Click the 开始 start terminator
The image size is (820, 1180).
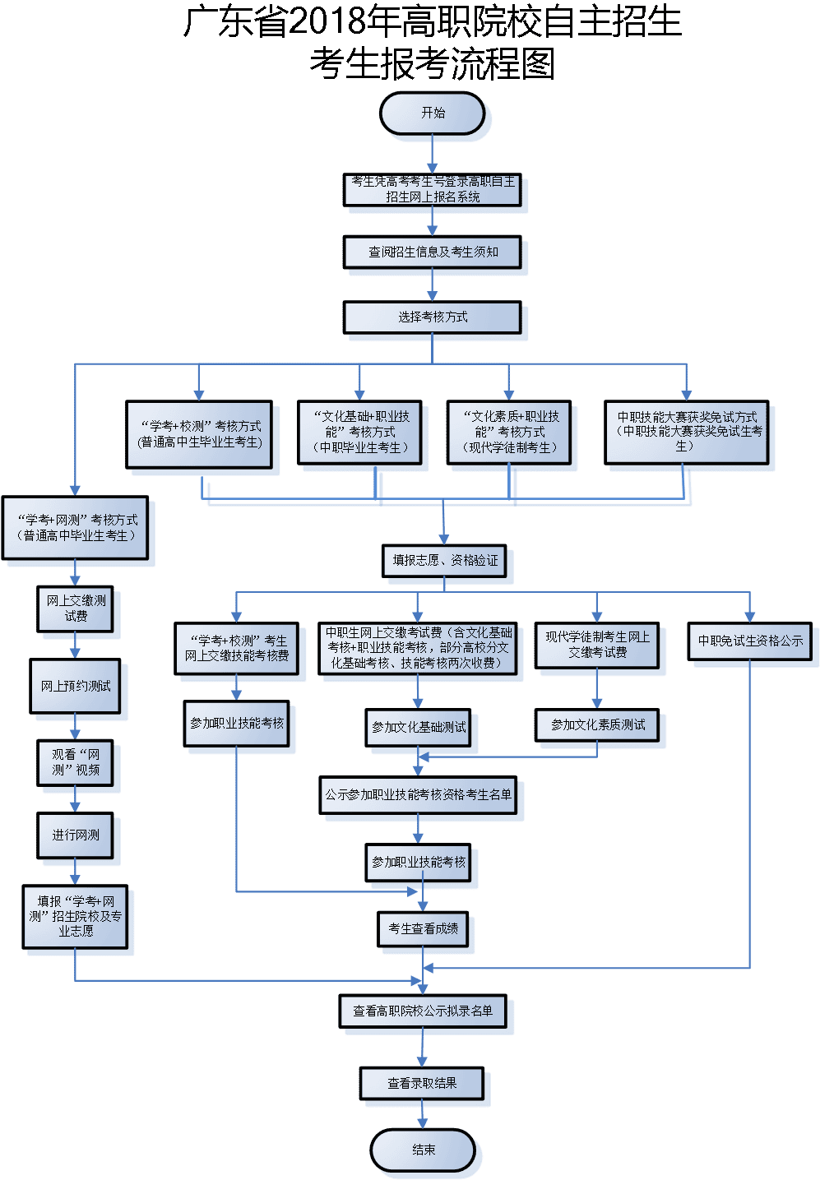click(x=432, y=113)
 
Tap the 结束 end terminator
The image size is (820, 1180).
click(x=423, y=1150)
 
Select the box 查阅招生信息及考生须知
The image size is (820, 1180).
click(x=432, y=252)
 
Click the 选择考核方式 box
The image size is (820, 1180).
click(x=432, y=317)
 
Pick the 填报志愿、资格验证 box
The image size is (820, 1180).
click(x=445, y=560)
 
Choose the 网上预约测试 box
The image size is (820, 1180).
click(x=75, y=686)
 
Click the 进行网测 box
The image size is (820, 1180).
click(x=75, y=835)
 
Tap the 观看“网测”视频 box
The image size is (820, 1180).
click(x=75, y=762)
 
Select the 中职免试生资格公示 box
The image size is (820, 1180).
click(x=749, y=641)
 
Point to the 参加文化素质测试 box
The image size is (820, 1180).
click(x=597, y=724)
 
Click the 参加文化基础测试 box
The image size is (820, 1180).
click(x=418, y=727)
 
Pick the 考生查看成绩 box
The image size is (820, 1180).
click(x=423, y=928)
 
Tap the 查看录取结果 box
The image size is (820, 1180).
click(x=421, y=1083)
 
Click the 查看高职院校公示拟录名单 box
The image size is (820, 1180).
click(x=423, y=1011)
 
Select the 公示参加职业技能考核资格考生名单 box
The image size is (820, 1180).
click(x=418, y=794)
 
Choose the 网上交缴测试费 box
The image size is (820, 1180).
click(x=75, y=609)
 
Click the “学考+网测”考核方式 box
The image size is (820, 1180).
click(x=75, y=528)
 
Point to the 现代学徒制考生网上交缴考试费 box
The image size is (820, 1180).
click(x=597, y=645)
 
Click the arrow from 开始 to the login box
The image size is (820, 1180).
click(x=432, y=154)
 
